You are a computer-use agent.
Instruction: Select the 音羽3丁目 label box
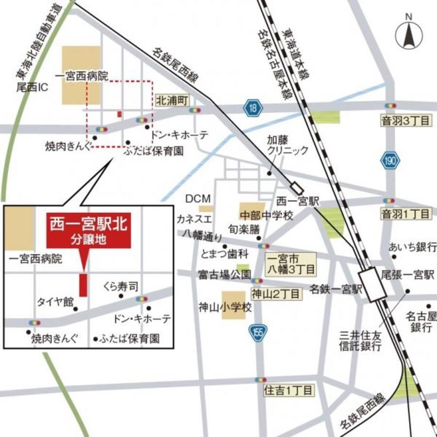[405, 120]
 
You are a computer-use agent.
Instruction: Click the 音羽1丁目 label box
[405, 214]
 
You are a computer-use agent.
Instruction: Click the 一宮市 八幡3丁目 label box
[290, 263]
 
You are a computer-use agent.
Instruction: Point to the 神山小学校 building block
[234, 305]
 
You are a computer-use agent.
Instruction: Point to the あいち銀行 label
[412, 247]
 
